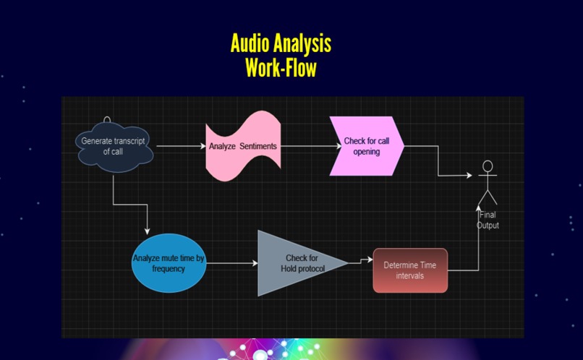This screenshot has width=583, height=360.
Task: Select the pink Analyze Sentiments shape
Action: pyautogui.click(x=242, y=147)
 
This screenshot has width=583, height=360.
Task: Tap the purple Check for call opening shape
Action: pyautogui.click(x=366, y=147)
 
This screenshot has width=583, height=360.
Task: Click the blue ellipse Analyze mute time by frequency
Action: pyautogui.click(x=169, y=263)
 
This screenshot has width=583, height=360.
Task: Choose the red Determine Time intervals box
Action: pyautogui.click(x=409, y=270)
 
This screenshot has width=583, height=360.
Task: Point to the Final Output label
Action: pyautogui.click(x=488, y=220)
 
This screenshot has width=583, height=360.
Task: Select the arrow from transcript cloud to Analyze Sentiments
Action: pyautogui.click(x=181, y=147)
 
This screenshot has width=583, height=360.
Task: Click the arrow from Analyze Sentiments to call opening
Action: pyautogui.click(x=310, y=147)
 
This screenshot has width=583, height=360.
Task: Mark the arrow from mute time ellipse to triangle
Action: pyautogui.click(x=231, y=264)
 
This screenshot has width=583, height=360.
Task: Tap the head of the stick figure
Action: pyautogui.click(x=488, y=166)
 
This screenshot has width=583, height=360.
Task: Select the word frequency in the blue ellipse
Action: pyautogui.click(x=169, y=269)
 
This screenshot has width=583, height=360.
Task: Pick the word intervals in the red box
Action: pyautogui.click(x=409, y=275)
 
